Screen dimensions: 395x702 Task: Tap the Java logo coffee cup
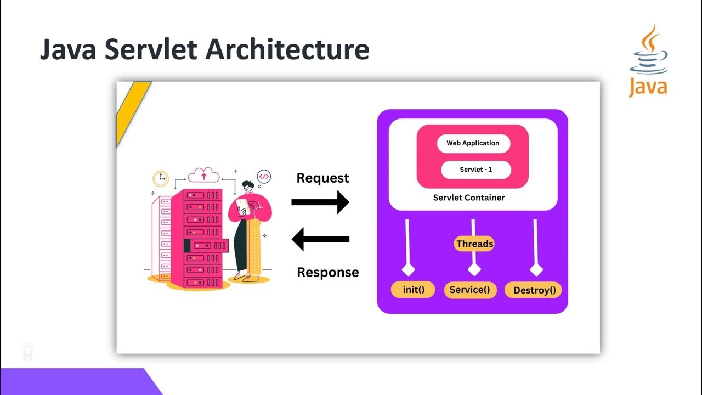(x=649, y=58)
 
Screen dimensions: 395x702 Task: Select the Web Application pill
(x=473, y=143)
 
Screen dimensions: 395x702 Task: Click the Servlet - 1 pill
(x=475, y=170)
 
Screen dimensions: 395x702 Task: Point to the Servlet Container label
(x=469, y=198)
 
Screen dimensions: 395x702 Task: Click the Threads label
(x=474, y=244)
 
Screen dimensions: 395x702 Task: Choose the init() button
(x=412, y=289)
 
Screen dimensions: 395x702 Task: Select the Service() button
(x=469, y=290)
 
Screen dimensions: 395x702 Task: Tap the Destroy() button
(x=533, y=290)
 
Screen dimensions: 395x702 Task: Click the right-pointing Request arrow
(x=320, y=202)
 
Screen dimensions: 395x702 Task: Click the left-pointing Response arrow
(x=320, y=239)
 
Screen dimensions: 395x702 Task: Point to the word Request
(x=322, y=178)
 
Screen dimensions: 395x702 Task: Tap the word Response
(x=327, y=272)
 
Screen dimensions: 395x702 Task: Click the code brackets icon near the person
(x=264, y=177)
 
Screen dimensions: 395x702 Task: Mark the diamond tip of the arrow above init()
(x=409, y=269)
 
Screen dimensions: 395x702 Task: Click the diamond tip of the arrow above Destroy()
(x=536, y=269)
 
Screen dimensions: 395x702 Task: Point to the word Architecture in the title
(x=287, y=50)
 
